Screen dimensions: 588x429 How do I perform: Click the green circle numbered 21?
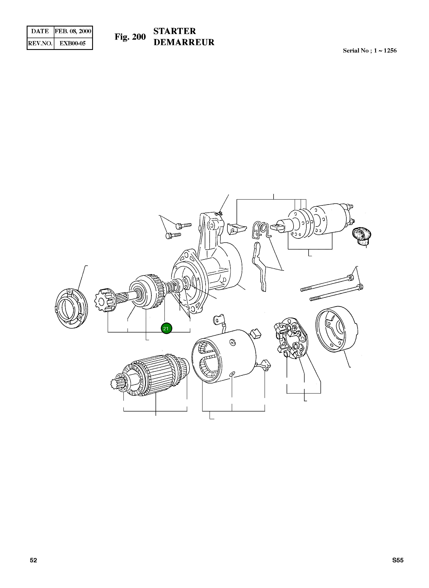(x=166, y=328)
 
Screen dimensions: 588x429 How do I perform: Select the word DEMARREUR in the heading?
(x=184, y=42)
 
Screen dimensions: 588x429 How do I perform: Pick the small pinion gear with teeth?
(x=105, y=300)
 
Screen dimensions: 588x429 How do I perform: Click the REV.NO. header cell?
(x=40, y=43)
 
